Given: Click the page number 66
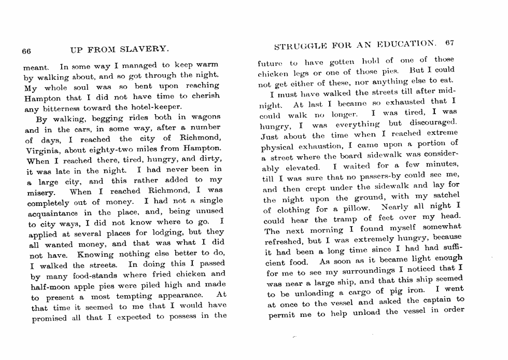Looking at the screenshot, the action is [26, 51].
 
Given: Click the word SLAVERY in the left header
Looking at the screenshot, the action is [143, 50].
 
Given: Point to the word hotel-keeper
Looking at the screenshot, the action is [156, 107].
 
